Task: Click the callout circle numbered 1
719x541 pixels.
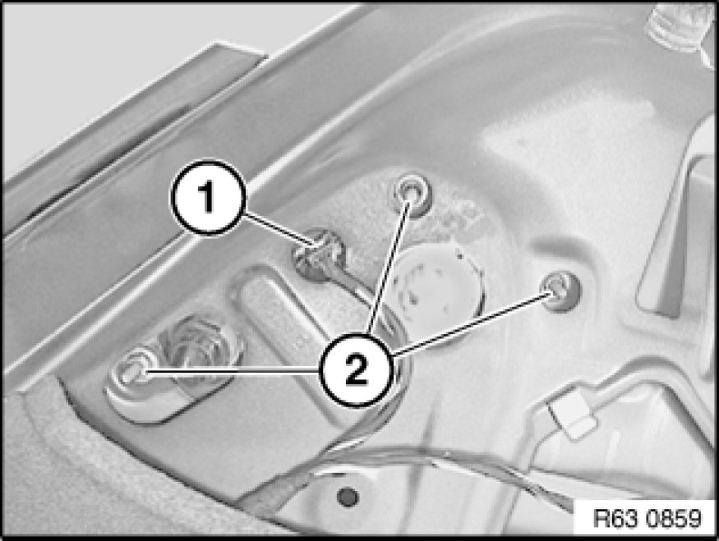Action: coord(208,197)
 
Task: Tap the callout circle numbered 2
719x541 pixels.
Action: coord(357,369)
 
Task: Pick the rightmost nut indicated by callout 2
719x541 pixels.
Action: coord(560,291)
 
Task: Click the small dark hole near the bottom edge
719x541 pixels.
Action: coord(348,496)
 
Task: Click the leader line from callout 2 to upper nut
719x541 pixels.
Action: coord(389,268)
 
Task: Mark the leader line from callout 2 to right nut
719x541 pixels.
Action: coord(472,324)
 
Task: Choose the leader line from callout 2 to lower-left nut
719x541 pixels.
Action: coord(232,372)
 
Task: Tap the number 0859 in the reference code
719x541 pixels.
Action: coord(674,519)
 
